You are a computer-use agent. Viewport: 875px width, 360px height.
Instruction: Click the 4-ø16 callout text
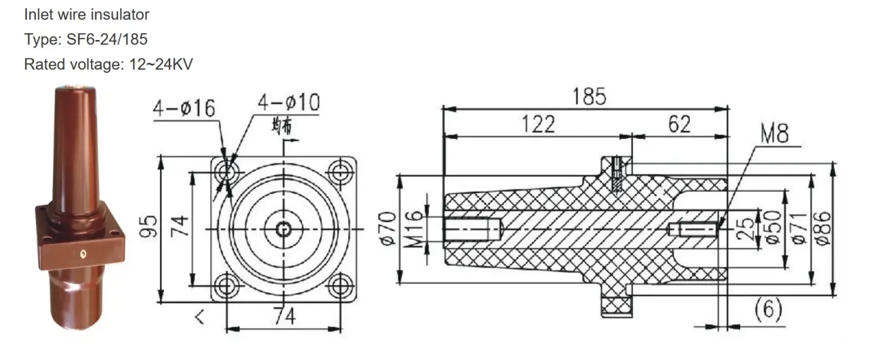tap(184, 108)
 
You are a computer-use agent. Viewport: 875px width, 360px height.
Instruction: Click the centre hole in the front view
tap(283, 229)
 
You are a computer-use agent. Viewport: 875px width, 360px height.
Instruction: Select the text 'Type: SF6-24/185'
tap(86, 39)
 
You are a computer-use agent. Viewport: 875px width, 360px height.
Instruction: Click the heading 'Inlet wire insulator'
tap(86, 14)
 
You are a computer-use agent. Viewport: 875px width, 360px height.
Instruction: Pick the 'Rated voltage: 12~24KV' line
tap(108, 65)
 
